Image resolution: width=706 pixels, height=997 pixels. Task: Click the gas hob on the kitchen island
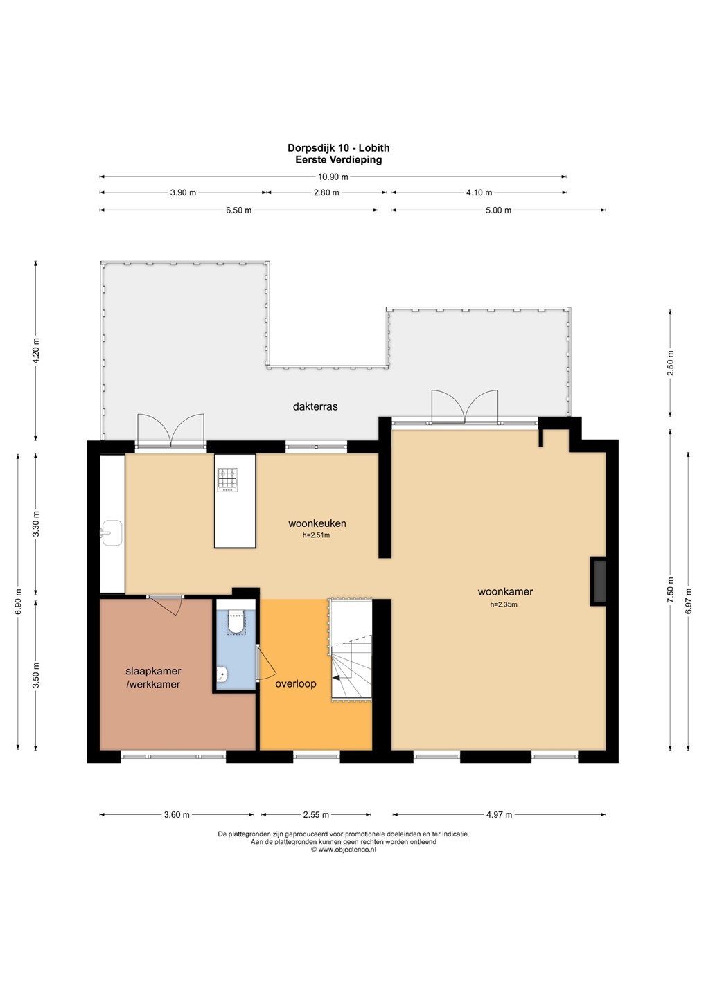point(227,480)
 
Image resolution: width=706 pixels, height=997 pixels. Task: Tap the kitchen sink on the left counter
point(112,533)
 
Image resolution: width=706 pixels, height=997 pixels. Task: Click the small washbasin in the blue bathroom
point(222,674)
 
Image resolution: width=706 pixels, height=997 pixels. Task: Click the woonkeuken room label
point(317,523)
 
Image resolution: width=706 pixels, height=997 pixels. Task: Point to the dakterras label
point(315,406)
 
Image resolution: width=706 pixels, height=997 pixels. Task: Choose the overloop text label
point(295,683)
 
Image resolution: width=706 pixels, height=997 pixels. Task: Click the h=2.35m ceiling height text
point(503,604)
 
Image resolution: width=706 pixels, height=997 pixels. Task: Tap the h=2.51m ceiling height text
point(316,535)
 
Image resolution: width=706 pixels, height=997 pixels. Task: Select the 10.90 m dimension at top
point(333,177)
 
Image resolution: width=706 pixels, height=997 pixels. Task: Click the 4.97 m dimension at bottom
point(499,814)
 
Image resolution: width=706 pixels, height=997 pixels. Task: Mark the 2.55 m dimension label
point(316,814)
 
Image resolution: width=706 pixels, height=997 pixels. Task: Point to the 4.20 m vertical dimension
point(36,351)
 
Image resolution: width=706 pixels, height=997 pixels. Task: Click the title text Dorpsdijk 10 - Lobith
point(339,147)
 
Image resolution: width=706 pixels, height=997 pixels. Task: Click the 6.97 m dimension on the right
point(689,601)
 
